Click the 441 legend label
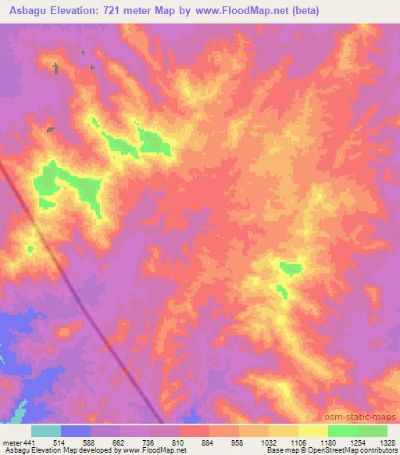point(28,442)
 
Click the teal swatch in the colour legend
point(46,431)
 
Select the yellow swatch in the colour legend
point(312,431)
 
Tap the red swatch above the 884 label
point(194,431)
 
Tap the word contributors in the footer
point(376,451)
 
